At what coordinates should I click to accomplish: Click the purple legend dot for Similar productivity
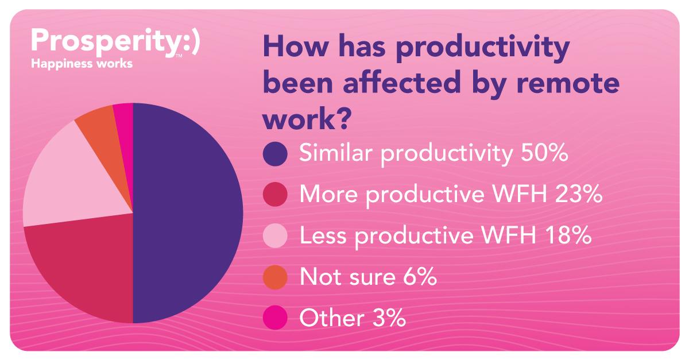click(275, 154)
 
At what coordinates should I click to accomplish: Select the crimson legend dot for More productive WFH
click(275, 195)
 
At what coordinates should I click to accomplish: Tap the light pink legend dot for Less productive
click(275, 235)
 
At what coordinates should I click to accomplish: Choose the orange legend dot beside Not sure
click(275, 277)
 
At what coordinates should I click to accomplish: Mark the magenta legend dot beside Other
click(275, 318)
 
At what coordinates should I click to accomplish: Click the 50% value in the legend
click(544, 153)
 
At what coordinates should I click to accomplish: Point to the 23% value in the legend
click(579, 194)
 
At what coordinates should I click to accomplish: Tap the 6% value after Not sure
click(420, 277)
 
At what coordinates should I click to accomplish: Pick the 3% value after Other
click(389, 318)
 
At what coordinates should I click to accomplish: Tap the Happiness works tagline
click(82, 64)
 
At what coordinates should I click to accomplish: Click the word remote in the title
click(568, 83)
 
